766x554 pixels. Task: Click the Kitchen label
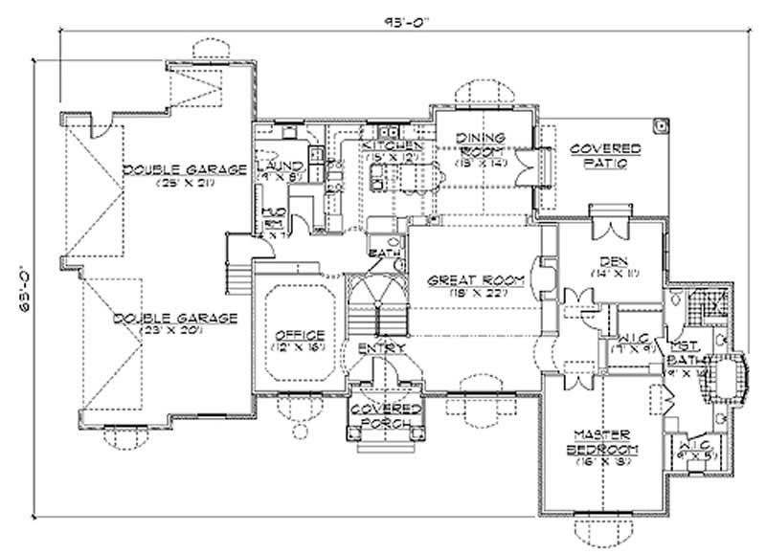(x=393, y=145)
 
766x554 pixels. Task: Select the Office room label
(x=300, y=335)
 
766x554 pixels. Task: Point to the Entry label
(x=379, y=347)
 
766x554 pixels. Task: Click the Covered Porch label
(x=380, y=414)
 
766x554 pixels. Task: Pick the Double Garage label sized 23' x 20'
(x=174, y=318)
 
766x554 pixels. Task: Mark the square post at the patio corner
(x=660, y=123)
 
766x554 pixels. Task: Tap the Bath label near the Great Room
(x=380, y=253)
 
